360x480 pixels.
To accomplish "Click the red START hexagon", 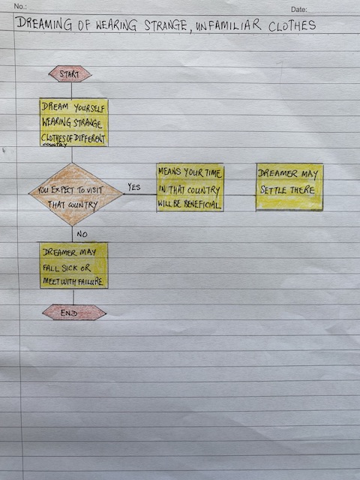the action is tap(70, 73).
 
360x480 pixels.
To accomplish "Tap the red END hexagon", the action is tap(74, 313).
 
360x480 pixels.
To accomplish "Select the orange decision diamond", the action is tap(76, 194).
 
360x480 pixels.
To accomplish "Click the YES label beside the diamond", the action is tap(133, 187).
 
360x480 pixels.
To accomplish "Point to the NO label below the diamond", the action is tap(82, 234).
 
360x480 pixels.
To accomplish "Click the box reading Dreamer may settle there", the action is tap(289, 187).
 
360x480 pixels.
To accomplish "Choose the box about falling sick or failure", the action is tap(73, 265).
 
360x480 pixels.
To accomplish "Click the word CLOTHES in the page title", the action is tap(292, 25).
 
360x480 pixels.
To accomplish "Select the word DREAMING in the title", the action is tap(44, 24).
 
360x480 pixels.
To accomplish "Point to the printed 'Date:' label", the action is tap(298, 10).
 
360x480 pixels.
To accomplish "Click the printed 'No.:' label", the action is tap(20, 7).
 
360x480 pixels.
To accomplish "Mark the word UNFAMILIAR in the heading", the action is tap(228, 25).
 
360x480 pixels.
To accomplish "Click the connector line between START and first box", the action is tap(72, 90).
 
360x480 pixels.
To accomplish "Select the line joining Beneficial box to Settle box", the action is tap(240, 195).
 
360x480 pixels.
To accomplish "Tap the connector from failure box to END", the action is tap(73, 296).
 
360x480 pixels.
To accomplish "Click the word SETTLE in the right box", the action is tap(273, 190).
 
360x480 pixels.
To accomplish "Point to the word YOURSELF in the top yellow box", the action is tap(89, 108).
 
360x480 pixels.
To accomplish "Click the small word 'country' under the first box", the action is tap(54, 145).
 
